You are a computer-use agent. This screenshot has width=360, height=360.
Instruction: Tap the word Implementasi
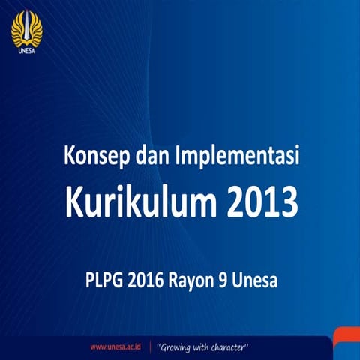(236, 159)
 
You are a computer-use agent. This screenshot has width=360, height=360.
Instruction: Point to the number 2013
(259, 200)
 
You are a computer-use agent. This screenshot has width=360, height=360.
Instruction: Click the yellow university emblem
(26, 28)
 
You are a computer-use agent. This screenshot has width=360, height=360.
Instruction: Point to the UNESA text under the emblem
(26, 52)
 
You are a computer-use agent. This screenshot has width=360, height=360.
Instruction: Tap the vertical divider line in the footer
(151, 347)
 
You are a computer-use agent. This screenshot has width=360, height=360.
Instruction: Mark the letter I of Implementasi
(176, 158)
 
